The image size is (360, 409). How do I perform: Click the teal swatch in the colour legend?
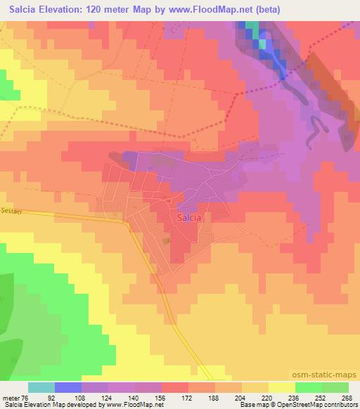coord(41,387)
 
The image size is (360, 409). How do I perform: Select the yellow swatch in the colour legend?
coord(282,387)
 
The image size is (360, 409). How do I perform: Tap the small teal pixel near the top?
coord(262,44)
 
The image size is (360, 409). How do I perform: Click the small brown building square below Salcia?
coord(167,240)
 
